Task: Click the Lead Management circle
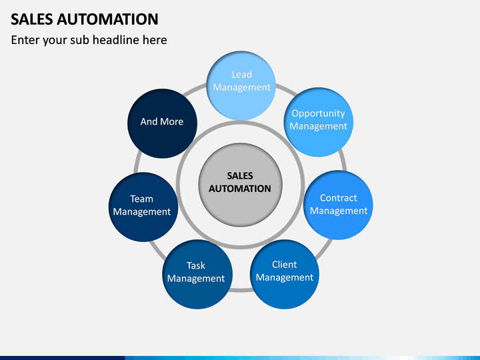241,86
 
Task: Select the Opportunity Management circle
319,122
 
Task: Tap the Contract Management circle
338,205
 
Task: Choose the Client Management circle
285,274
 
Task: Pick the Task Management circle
197,274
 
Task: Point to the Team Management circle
143,207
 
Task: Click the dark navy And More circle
162,123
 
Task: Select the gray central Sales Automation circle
240,185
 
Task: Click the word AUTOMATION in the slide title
107,19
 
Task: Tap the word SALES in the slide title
32,19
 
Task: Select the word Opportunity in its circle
319,114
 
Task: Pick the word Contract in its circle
338,198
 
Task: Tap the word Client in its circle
285,265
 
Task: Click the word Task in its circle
196,265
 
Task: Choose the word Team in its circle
141,199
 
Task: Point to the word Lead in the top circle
242,75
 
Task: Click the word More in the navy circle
172,121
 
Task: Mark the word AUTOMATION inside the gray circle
240,189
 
